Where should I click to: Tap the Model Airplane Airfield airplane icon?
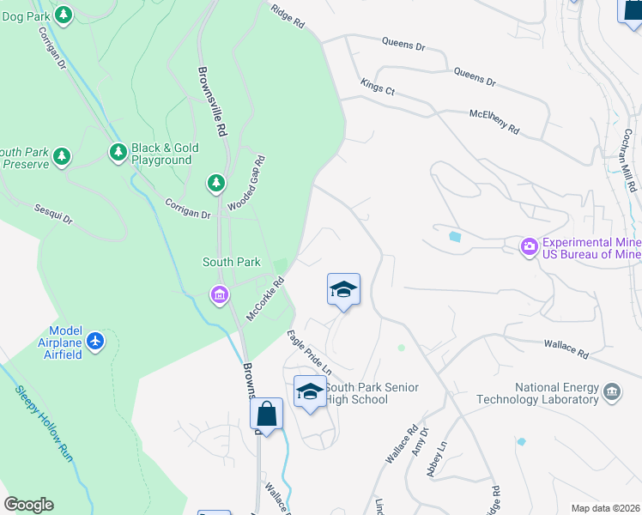pyautogui.click(x=94, y=341)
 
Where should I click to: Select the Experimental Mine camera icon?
pyautogui.click(x=530, y=247)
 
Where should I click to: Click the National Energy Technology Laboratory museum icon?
pyautogui.click(x=612, y=392)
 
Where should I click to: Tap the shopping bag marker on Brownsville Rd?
pyautogui.click(x=267, y=414)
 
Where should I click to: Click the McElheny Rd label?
pyautogui.click(x=494, y=122)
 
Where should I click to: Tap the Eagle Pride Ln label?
pyautogui.click(x=309, y=352)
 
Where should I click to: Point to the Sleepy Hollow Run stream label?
pyautogui.click(x=43, y=425)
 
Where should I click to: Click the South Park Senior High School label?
pyautogui.click(x=372, y=394)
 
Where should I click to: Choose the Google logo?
pyautogui.click(x=28, y=505)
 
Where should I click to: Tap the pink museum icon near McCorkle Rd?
pyautogui.click(x=219, y=295)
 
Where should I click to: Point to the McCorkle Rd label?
pyautogui.click(x=265, y=299)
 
